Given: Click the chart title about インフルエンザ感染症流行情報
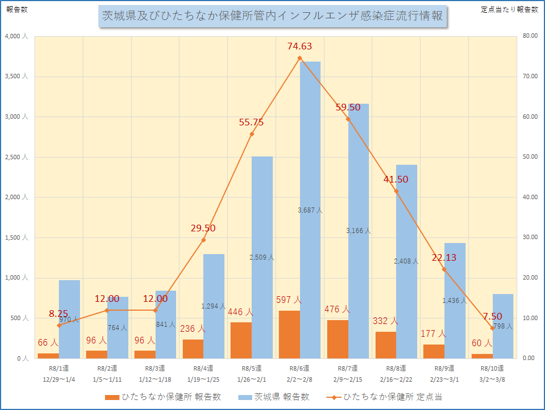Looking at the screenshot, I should (272, 16).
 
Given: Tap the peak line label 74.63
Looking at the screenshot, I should (299, 46).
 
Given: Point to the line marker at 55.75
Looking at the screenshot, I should (252, 134).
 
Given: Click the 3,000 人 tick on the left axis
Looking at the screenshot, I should (17, 117).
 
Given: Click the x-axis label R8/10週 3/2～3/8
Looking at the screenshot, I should (492, 373).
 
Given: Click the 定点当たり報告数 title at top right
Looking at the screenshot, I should (509, 10).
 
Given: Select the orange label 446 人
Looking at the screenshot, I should (241, 312).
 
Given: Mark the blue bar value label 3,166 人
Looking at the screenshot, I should (358, 230).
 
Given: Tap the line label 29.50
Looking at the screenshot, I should (203, 228).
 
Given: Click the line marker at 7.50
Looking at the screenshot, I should (492, 328).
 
